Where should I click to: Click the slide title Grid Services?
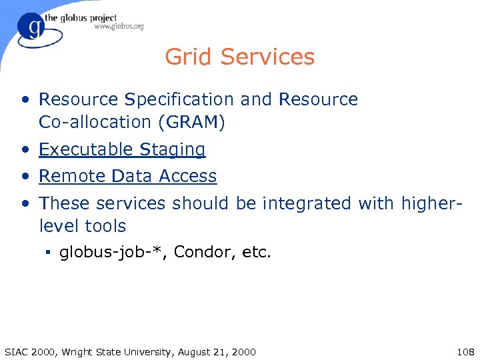click(239, 57)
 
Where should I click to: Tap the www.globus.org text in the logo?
click(119, 27)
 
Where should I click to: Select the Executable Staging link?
click(122, 149)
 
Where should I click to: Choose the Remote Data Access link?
click(127, 176)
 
